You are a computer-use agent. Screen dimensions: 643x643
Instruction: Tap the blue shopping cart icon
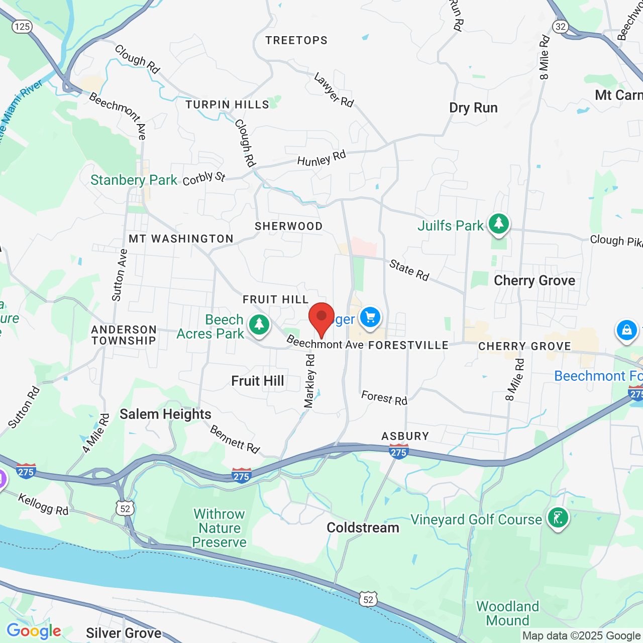pyautogui.click(x=370, y=317)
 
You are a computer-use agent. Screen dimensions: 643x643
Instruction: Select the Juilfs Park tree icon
pyautogui.click(x=499, y=224)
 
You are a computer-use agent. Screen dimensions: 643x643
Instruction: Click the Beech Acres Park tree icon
pyautogui.click(x=259, y=325)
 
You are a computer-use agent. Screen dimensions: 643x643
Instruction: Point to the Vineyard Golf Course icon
pyautogui.click(x=558, y=517)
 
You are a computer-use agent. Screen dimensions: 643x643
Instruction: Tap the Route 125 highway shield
pyautogui.click(x=23, y=26)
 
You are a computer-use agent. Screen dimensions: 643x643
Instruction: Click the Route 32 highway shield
pyautogui.click(x=560, y=26)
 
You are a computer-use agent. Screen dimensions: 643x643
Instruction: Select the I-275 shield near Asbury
pyautogui.click(x=398, y=452)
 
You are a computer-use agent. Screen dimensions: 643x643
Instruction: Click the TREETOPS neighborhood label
pyautogui.click(x=296, y=41)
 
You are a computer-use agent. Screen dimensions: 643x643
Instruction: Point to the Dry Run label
pyautogui.click(x=473, y=108)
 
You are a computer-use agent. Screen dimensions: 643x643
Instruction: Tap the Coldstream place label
pyautogui.click(x=363, y=527)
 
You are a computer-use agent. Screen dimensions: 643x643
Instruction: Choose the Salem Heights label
pyautogui.click(x=165, y=414)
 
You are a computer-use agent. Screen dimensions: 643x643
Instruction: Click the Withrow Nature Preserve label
pyautogui.click(x=220, y=528)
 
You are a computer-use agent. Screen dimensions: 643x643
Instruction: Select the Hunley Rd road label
pyautogui.click(x=321, y=158)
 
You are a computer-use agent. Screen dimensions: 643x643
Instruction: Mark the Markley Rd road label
pyautogui.click(x=309, y=381)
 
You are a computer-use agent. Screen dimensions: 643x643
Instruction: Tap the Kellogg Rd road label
pyautogui.click(x=43, y=504)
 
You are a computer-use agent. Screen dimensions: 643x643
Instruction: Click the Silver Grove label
pyautogui.click(x=124, y=633)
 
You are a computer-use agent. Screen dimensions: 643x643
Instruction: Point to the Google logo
pyautogui.click(x=34, y=631)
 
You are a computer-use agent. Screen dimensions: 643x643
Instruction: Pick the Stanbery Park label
pyautogui.click(x=134, y=180)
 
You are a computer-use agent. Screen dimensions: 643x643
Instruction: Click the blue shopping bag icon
pyautogui.click(x=626, y=331)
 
